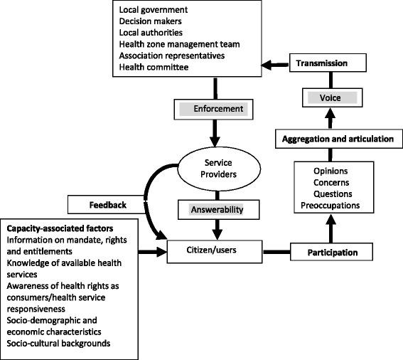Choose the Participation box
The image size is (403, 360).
tap(333, 252)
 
